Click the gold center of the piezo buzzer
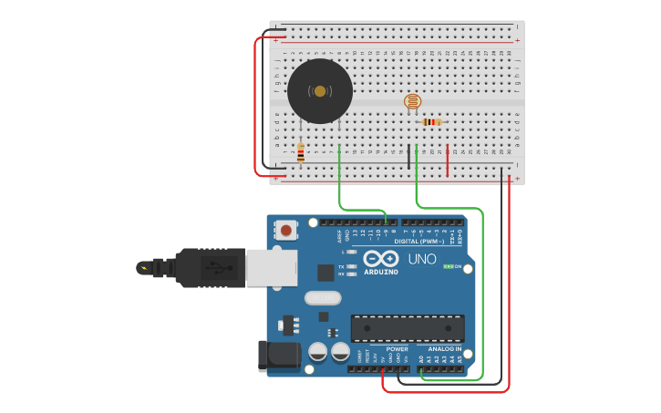click(320, 90)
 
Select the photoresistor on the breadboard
click(412, 102)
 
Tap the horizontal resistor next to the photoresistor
click(432, 122)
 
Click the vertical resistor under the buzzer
click(301, 152)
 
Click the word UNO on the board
click(421, 260)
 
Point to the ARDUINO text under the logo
click(381, 272)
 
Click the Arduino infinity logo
click(381, 259)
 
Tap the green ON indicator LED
click(447, 267)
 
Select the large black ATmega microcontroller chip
click(408, 328)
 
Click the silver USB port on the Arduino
click(271, 268)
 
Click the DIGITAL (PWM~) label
click(419, 242)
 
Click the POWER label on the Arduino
click(397, 348)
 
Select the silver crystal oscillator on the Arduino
click(322, 297)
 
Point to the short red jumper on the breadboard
click(448, 160)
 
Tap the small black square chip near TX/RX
click(325, 272)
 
